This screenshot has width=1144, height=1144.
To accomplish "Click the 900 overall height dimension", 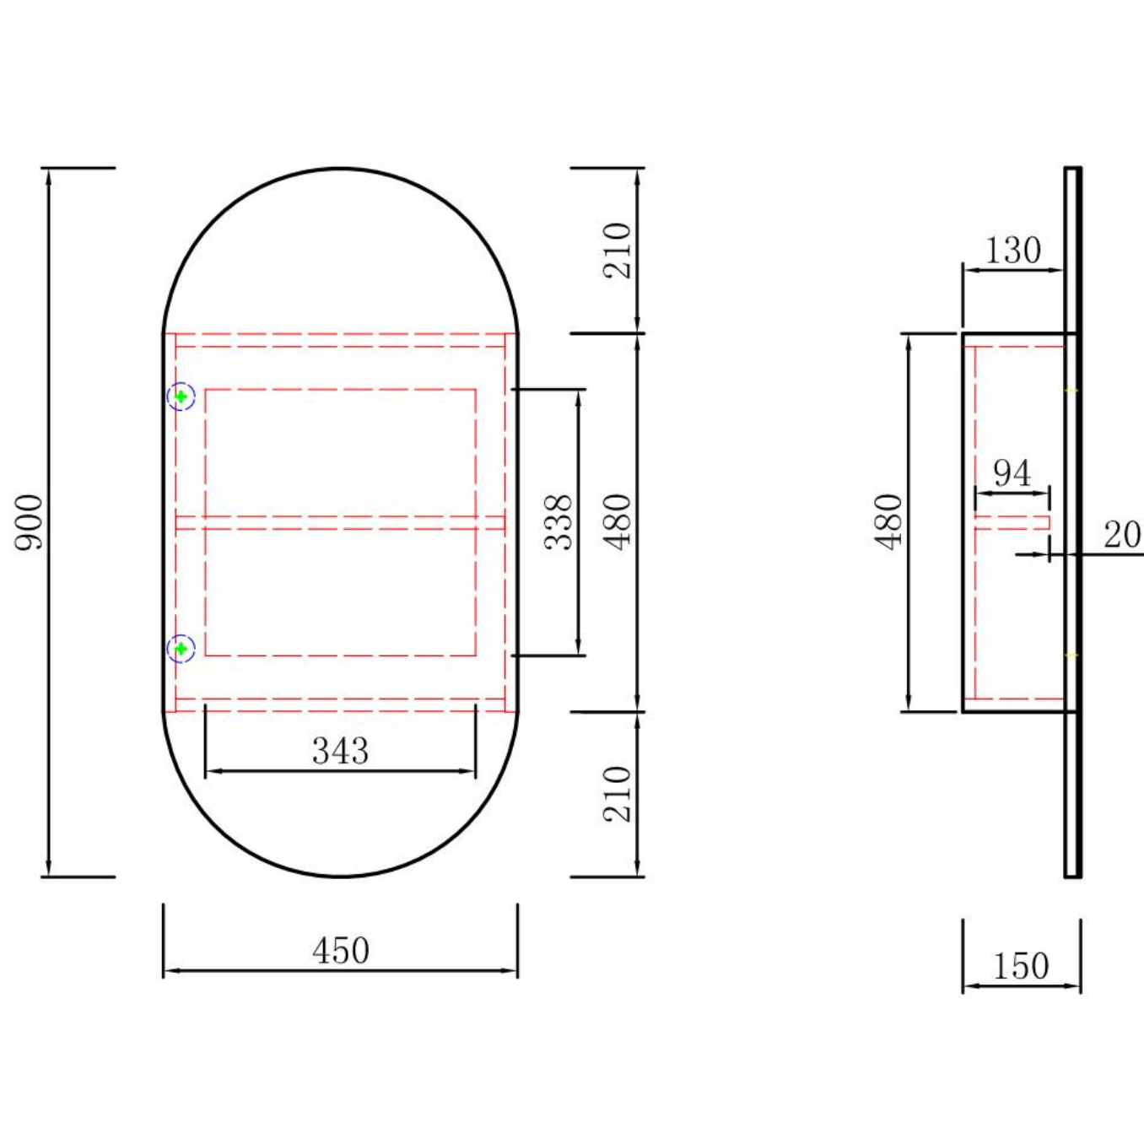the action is (29, 522).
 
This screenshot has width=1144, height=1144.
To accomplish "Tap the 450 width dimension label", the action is (341, 951).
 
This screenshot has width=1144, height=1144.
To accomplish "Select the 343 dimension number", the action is (340, 751).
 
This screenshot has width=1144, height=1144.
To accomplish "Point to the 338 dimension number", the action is (558, 522).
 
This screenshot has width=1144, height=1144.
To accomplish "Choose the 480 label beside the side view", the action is (888, 522).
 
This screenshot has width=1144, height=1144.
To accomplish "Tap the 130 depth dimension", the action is (1012, 251).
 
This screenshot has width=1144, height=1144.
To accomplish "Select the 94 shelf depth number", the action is (1012, 473).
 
